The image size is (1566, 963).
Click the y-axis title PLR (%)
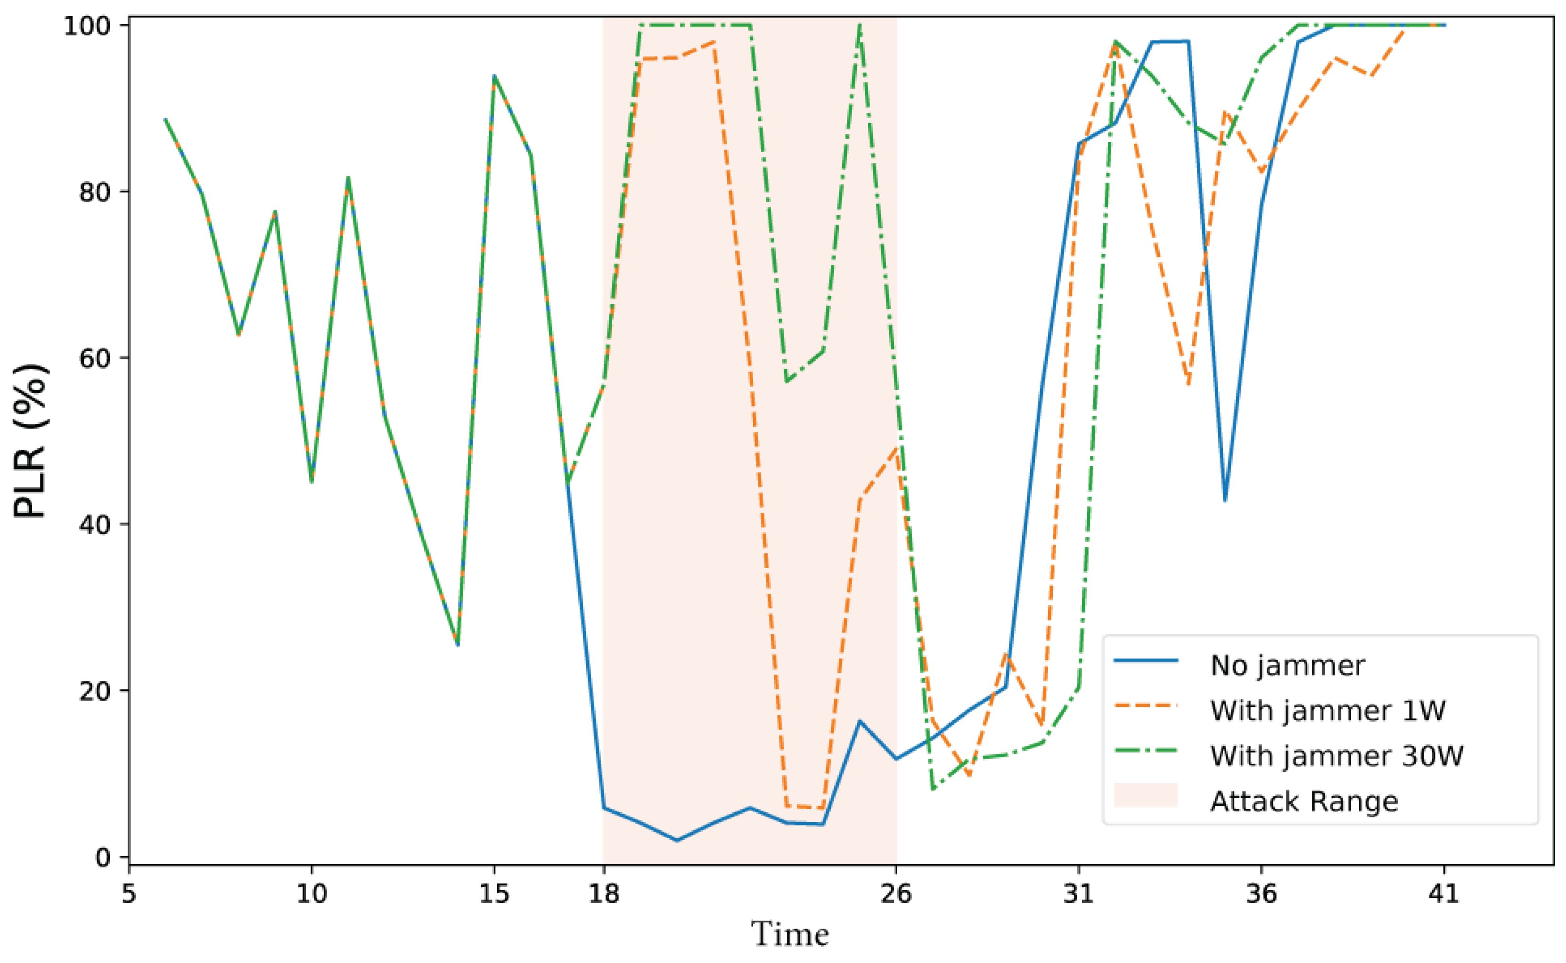click(30, 441)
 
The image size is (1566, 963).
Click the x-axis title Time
click(790, 935)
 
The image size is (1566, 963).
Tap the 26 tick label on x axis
click(896, 894)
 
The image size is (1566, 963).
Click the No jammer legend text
click(1287, 665)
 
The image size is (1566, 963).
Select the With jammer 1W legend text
click(1328, 711)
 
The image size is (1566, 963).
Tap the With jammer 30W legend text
click(1336, 756)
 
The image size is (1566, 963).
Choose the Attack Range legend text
click(1304, 801)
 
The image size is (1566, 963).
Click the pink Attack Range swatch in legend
click(1145, 795)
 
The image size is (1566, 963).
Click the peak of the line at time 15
click(494, 76)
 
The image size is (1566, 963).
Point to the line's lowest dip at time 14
click(458, 645)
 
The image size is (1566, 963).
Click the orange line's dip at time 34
click(1188, 385)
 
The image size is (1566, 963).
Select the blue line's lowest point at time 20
click(677, 840)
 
